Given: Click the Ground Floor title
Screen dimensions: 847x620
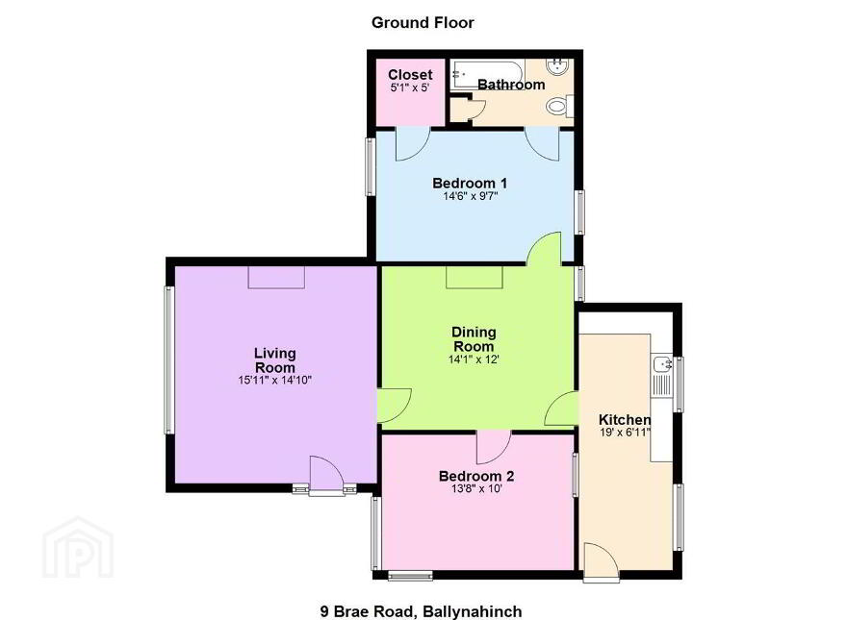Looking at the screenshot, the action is (x=423, y=23).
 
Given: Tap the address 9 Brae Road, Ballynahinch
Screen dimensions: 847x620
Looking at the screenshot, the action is (x=421, y=611).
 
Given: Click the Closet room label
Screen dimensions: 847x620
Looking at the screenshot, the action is (x=410, y=74).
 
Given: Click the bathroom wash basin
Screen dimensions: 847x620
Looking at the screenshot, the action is (x=557, y=66).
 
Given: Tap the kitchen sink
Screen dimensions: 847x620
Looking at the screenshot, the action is (x=662, y=364).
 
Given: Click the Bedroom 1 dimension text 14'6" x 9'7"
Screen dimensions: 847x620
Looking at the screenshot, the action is (x=470, y=196).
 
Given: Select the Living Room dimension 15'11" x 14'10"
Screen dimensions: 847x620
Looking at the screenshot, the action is (x=275, y=381).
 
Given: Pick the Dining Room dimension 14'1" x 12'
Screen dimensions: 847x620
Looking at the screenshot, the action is (x=474, y=360).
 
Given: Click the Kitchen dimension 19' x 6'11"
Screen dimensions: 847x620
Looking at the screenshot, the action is (x=625, y=433).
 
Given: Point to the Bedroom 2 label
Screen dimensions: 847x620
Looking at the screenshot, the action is (x=476, y=476).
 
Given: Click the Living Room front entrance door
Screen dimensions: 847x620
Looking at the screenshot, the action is (x=326, y=475).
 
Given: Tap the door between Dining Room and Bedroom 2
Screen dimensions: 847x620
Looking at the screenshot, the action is (x=494, y=447).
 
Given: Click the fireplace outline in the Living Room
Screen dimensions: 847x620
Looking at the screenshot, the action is (x=276, y=277).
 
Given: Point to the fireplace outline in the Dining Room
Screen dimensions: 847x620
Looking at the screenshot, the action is (x=475, y=277).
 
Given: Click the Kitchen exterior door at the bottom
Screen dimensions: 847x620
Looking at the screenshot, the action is (x=602, y=561).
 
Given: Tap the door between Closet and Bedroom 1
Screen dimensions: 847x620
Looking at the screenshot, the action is (x=413, y=143).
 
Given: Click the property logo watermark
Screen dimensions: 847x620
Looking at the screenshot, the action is (x=78, y=548).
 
